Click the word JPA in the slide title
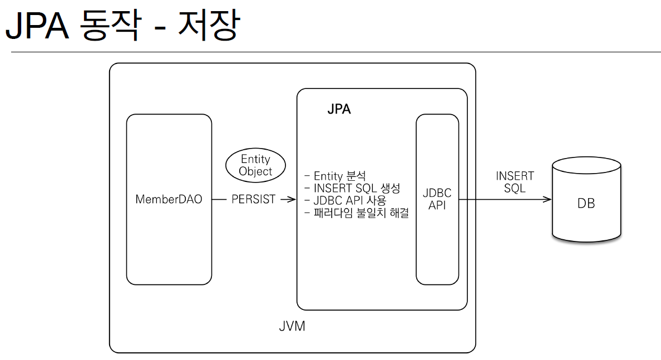[x=37, y=26]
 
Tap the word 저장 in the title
[x=208, y=26]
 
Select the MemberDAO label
[x=169, y=199]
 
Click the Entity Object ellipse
[x=255, y=165]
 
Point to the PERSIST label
[x=253, y=199]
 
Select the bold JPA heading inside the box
[x=339, y=110]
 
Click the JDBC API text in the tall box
[x=437, y=199]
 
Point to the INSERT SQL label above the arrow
[x=515, y=182]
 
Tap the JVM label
[x=292, y=326]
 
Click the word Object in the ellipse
[x=255, y=171]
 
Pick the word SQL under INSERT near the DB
[x=515, y=188]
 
